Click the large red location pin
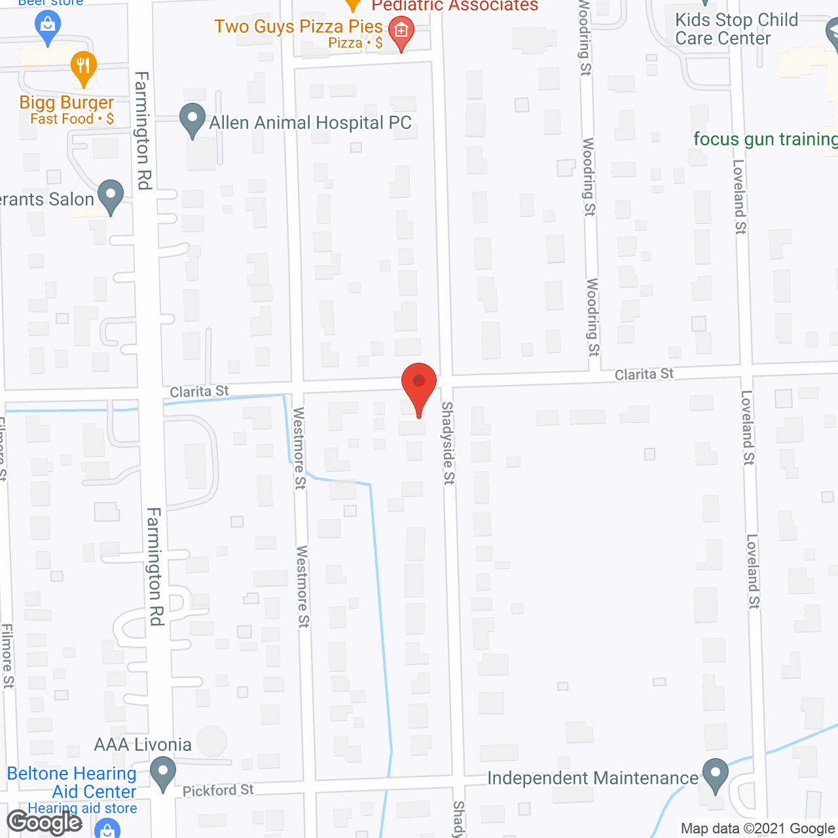(418, 384)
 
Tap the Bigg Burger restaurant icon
(83, 67)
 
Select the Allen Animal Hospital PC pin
(192, 120)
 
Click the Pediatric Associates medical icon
(401, 31)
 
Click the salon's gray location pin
(110, 196)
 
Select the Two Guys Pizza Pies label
(299, 27)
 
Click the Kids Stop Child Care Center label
(737, 29)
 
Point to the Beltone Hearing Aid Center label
(72, 782)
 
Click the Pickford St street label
(218, 790)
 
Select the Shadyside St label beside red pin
(448, 443)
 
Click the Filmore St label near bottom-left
(7, 655)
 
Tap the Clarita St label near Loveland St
(644, 374)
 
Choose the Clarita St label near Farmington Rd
(199, 392)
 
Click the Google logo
(44, 822)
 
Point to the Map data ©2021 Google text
(757, 829)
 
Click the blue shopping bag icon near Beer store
(47, 26)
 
